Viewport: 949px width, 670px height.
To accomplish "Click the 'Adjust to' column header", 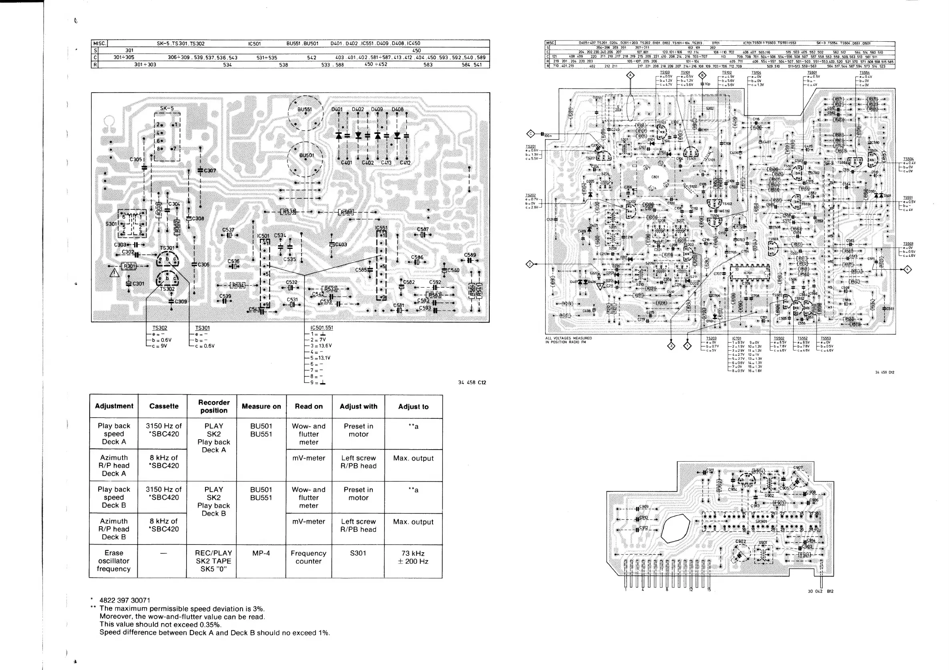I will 413,407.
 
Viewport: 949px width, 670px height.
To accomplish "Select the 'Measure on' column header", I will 261,407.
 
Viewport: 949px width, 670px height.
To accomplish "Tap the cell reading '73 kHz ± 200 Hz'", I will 413,557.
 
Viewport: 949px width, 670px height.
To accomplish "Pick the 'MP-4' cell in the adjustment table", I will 261,553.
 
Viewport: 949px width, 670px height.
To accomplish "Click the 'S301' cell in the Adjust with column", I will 358,553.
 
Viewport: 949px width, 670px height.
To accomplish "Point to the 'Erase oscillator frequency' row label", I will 114,561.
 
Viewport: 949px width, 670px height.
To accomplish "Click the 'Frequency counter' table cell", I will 308,557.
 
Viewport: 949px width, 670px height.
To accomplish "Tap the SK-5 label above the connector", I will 167,109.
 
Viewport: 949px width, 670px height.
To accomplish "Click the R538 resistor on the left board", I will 288,212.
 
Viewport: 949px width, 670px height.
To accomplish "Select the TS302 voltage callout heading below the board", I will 160,328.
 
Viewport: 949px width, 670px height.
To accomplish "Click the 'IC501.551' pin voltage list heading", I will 322,328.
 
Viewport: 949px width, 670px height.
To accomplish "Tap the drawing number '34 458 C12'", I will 472,383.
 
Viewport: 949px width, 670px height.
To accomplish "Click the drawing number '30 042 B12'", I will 820,591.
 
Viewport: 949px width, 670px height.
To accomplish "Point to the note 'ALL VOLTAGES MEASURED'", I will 568,338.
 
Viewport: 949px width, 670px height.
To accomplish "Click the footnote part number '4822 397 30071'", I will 125,601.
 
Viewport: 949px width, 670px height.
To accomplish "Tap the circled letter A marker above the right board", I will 630,75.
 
